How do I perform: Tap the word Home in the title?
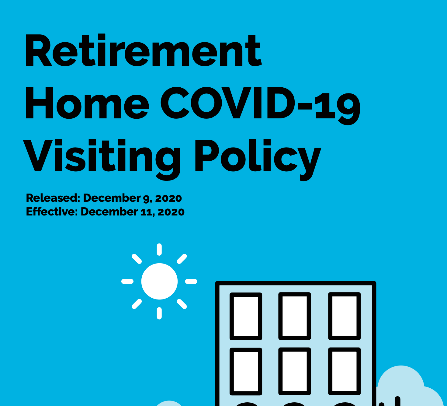[x=87, y=103]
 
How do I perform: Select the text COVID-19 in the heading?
[x=260, y=106]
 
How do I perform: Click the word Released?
[x=53, y=198]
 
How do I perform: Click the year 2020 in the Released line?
[x=168, y=198]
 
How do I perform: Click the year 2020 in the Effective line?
[x=171, y=212]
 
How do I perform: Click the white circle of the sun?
[x=159, y=281]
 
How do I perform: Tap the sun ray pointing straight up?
[x=159, y=249]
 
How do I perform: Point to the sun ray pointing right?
[x=191, y=281]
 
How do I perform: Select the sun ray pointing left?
[x=127, y=281]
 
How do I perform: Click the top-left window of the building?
[x=246, y=317]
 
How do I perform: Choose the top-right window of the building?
[x=345, y=316]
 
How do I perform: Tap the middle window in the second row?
[x=295, y=371]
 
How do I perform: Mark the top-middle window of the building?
[x=295, y=316]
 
